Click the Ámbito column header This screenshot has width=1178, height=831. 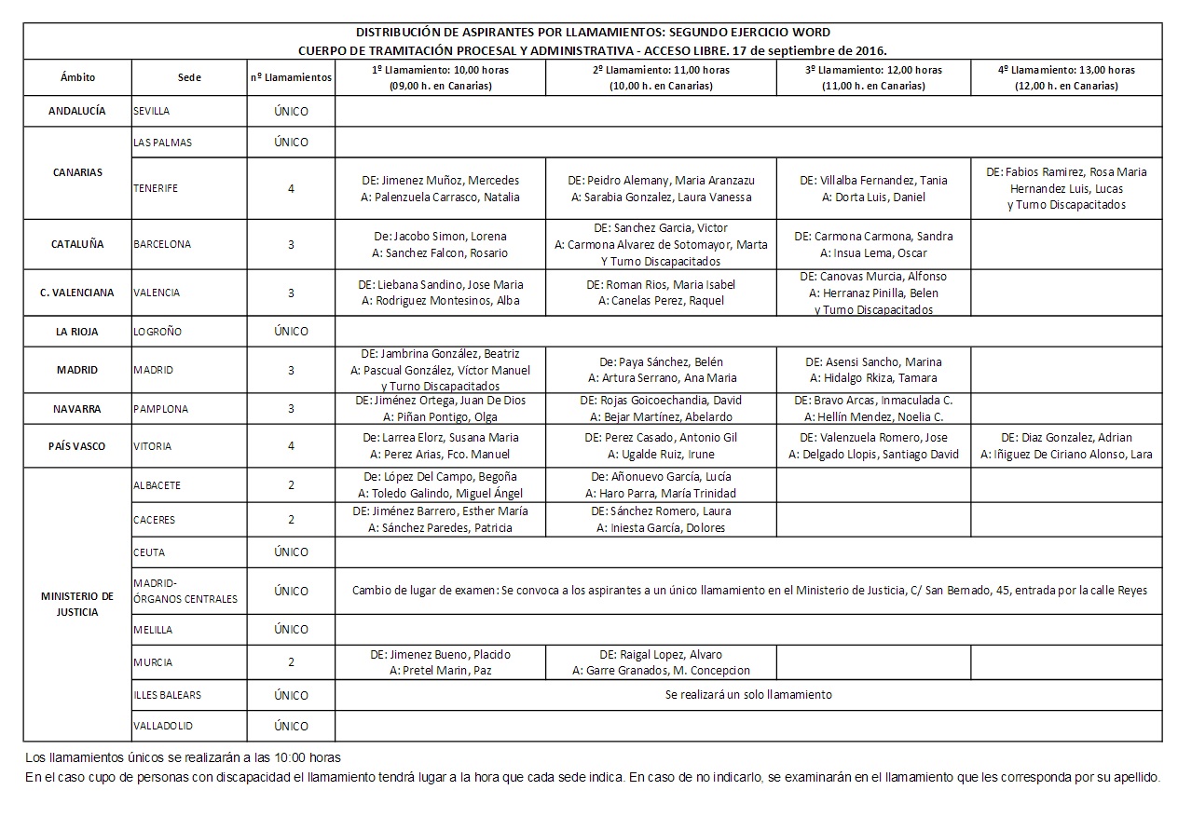tap(77, 78)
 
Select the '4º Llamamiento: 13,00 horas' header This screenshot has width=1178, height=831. tap(1065, 77)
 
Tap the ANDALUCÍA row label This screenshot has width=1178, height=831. tap(77, 111)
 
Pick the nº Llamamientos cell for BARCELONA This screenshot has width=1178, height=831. tap(291, 244)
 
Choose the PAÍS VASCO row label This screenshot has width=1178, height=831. tap(77, 446)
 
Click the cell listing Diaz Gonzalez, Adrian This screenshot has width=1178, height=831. tap(1066, 446)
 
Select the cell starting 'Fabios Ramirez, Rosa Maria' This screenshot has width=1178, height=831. tap(1066, 188)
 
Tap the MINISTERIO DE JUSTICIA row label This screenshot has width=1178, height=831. tap(77, 604)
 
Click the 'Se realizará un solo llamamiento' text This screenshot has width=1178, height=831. tap(748, 695)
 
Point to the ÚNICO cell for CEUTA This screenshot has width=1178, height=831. tap(291, 552)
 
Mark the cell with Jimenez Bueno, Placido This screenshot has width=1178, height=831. tap(440, 662)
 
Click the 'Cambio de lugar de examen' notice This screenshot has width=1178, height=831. tap(748, 591)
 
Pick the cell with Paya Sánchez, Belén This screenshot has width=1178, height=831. tap(661, 370)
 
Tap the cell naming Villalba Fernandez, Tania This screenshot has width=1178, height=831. tap(873, 188)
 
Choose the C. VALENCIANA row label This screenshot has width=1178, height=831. tap(77, 293)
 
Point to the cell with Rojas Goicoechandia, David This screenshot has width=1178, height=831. tap(661, 408)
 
